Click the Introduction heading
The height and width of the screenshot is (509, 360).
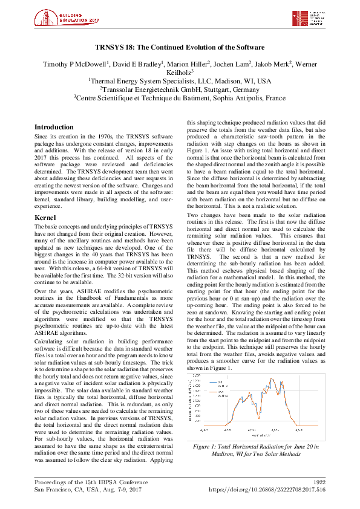coord(53,128)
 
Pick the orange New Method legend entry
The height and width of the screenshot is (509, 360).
coord(217,394)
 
